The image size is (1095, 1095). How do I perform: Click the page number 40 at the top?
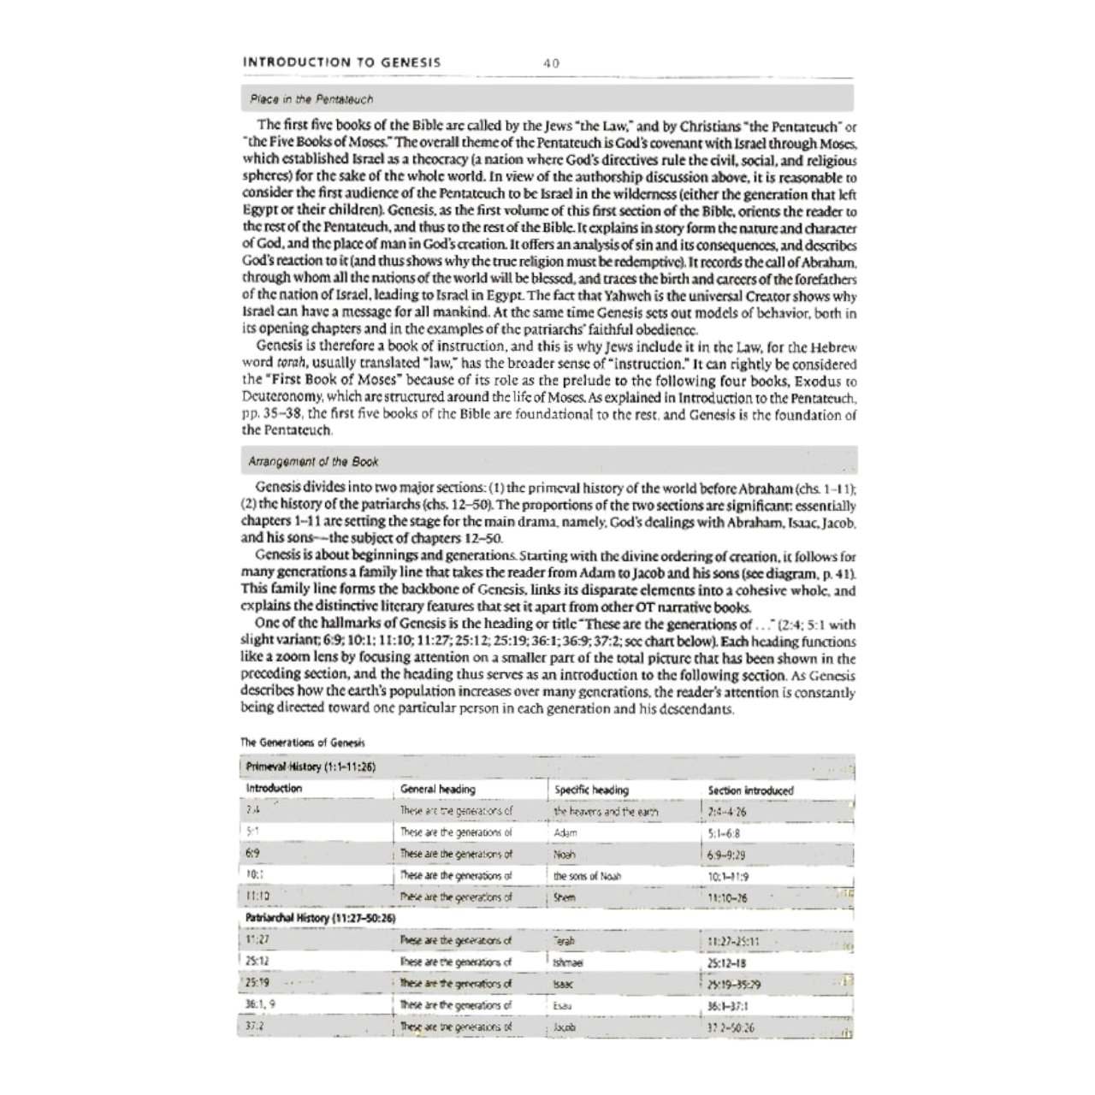(551, 62)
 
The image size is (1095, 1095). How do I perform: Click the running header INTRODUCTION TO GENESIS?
(342, 62)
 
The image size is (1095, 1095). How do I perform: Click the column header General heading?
(437, 789)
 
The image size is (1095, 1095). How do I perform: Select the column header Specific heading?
(591, 790)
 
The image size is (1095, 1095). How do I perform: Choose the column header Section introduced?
(750, 790)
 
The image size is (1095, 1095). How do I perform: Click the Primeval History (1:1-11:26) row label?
(311, 767)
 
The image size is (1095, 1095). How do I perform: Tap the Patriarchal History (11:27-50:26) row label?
(320, 918)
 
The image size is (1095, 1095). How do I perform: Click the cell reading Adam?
(565, 832)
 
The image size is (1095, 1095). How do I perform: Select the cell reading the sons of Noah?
(588, 875)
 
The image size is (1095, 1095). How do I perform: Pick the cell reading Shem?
(565, 897)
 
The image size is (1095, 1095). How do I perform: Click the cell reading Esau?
(564, 1006)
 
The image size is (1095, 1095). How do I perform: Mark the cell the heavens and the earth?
(606, 811)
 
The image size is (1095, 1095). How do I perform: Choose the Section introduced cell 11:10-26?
(728, 897)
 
